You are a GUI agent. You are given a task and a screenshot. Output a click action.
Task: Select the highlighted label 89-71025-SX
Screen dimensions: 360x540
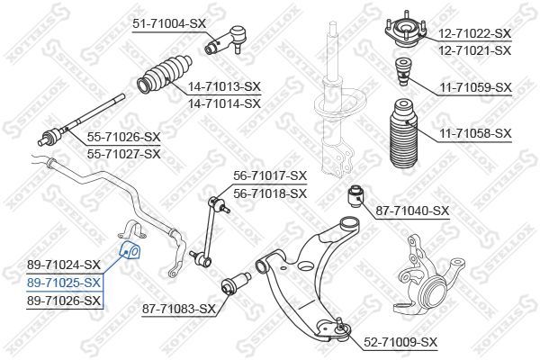click(x=64, y=282)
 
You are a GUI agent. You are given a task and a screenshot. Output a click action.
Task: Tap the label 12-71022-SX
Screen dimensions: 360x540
click(x=474, y=33)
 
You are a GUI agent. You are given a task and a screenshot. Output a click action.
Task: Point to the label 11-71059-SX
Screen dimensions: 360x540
click(x=474, y=87)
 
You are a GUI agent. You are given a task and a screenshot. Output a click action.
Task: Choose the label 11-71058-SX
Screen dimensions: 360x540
click(x=474, y=133)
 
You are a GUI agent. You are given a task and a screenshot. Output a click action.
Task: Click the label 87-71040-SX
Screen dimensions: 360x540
click(x=412, y=211)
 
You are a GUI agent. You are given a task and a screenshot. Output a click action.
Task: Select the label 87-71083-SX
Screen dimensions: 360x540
click(x=179, y=309)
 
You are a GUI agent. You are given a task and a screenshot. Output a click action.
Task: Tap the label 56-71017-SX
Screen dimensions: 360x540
click(x=270, y=176)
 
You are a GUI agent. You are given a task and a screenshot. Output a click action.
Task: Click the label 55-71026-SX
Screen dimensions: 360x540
click(x=123, y=137)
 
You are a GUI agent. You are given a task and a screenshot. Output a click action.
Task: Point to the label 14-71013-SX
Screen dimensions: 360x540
click(x=224, y=86)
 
